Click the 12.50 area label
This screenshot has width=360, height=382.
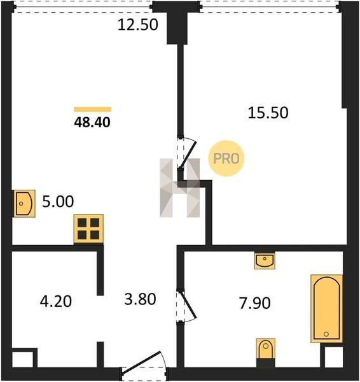point(138,25)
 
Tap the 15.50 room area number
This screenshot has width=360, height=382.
point(268,113)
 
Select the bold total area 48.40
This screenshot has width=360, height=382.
point(92,122)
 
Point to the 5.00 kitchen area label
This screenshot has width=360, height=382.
point(58,201)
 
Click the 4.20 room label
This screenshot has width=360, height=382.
point(56,301)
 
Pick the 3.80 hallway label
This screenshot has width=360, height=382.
point(140,299)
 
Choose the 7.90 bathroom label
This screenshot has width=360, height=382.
point(255,303)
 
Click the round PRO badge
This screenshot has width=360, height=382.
point(226,159)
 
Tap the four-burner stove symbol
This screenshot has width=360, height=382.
point(88,229)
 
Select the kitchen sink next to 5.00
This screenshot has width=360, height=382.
point(24,204)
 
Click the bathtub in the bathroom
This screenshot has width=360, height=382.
point(327,309)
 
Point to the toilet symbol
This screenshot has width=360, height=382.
point(266,349)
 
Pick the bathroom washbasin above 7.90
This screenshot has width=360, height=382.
point(265,260)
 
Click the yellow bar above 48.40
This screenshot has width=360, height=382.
point(93,110)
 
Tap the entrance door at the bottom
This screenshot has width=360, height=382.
point(144,365)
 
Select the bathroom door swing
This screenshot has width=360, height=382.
point(187,306)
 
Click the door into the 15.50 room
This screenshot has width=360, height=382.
point(187,153)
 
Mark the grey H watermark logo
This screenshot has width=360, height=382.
point(180,188)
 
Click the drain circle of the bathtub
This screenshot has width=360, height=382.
point(326,334)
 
